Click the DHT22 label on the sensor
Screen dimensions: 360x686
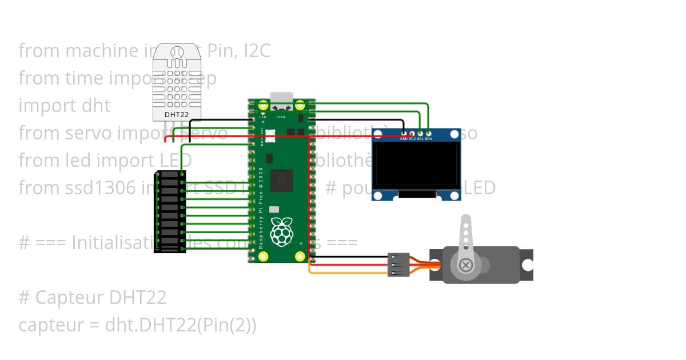177,114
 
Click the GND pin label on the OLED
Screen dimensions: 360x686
404,139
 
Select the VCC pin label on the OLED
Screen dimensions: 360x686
412,139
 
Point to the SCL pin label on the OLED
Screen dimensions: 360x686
420,139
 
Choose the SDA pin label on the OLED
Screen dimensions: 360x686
429,139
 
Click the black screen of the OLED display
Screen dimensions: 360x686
416,165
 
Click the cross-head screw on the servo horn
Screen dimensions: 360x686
466,265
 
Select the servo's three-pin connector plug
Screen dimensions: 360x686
398,265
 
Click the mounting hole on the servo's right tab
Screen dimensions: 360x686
527,265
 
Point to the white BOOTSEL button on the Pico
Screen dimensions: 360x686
270,136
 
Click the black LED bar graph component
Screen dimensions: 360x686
169,211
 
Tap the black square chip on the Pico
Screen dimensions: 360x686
281,181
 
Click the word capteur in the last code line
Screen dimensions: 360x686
50,325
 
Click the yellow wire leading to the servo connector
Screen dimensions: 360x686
349,273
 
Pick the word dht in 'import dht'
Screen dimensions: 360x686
96,106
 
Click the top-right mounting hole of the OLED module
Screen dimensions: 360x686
454,134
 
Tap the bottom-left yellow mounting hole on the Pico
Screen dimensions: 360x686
264,256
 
